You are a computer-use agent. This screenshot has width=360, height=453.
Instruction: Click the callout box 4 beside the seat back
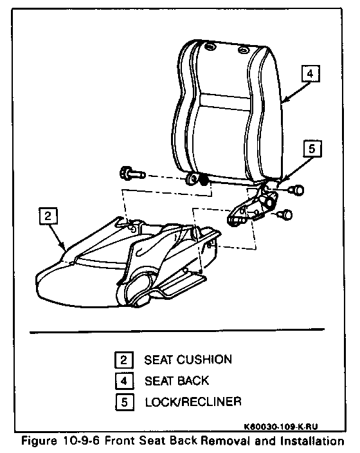[x=310, y=73]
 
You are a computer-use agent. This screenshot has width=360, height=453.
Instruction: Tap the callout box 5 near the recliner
[x=312, y=149]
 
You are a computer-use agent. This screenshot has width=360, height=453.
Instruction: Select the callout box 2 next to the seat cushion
[x=48, y=216]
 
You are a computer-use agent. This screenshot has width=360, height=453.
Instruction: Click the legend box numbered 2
[x=124, y=360]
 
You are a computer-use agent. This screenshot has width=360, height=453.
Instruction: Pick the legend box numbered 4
[x=124, y=381]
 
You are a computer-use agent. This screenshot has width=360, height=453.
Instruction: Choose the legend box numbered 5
[x=124, y=402]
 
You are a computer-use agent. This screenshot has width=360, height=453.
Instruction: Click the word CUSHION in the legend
[x=204, y=360]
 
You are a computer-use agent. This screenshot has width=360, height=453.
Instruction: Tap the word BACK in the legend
[x=193, y=381]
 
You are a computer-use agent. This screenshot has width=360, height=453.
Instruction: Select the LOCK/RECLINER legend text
[x=193, y=402]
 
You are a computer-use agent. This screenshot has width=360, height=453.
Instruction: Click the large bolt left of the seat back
[x=132, y=174]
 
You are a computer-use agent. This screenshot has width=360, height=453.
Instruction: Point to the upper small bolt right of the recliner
[x=296, y=190]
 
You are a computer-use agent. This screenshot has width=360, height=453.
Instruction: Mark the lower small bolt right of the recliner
[x=285, y=215]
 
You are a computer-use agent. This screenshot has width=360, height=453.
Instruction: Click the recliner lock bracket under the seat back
[x=252, y=207]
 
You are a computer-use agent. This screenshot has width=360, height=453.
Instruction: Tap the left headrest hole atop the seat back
[x=210, y=46]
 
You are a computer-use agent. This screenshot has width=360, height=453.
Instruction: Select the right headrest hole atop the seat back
[x=243, y=50]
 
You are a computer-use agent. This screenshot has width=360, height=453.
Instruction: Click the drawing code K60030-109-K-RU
[x=281, y=427]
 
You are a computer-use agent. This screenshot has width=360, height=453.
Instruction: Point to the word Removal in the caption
[x=224, y=441]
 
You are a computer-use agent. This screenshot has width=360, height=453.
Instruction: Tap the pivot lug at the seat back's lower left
[x=192, y=178]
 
